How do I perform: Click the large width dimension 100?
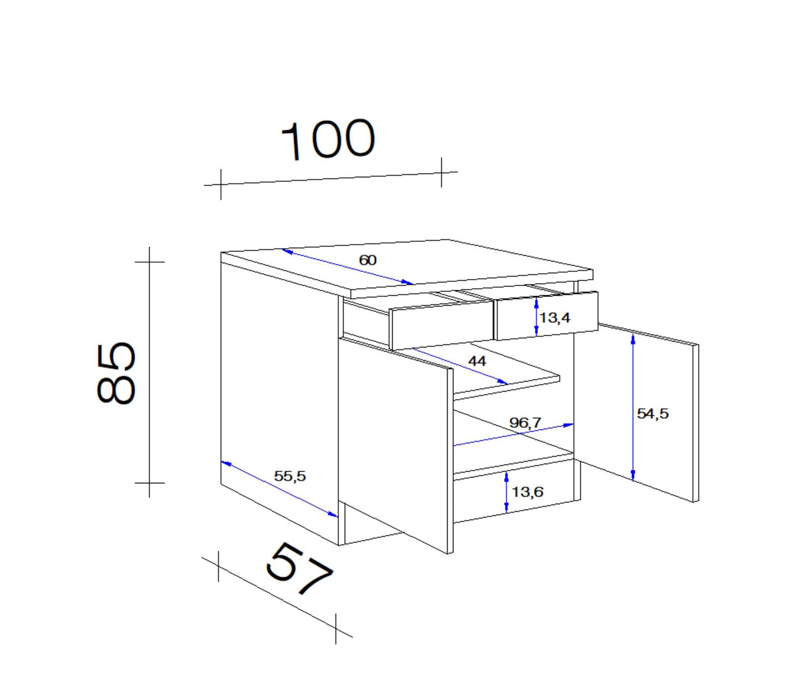pyautogui.click(x=328, y=140)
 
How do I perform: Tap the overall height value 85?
pyautogui.click(x=116, y=373)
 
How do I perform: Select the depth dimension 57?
pyautogui.click(x=299, y=569)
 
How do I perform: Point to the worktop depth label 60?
pyautogui.click(x=368, y=260)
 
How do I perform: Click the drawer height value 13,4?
pyautogui.click(x=555, y=318)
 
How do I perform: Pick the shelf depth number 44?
pyautogui.click(x=477, y=361)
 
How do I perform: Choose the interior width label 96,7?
pyautogui.click(x=525, y=422)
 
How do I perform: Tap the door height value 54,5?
pyautogui.click(x=653, y=414)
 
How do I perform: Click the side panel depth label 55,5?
pyautogui.click(x=290, y=476)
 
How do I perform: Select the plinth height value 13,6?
pyautogui.click(x=527, y=491)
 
